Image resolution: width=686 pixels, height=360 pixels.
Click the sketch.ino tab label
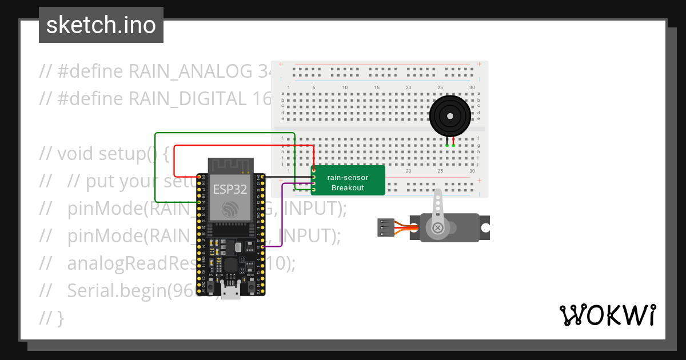(x=101, y=25)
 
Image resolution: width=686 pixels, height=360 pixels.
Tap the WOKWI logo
(x=607, y=315)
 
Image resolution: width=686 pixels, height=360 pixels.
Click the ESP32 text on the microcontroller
(x=230, y=189)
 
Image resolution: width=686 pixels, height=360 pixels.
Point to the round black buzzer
(x=450, y=116)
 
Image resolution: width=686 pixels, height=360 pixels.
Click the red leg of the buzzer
(x=453, y=142)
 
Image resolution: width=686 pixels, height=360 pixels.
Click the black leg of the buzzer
(x=446, y=142)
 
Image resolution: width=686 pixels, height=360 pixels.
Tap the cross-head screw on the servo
(x=438, y=228)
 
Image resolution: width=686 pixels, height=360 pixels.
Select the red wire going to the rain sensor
(x=240, y=146)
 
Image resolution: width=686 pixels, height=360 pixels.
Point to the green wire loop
(x=155, y=166)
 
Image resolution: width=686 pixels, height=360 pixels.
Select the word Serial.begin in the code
(x=114, y=290)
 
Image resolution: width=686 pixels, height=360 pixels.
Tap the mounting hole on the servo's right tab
(x=485, y=227)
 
